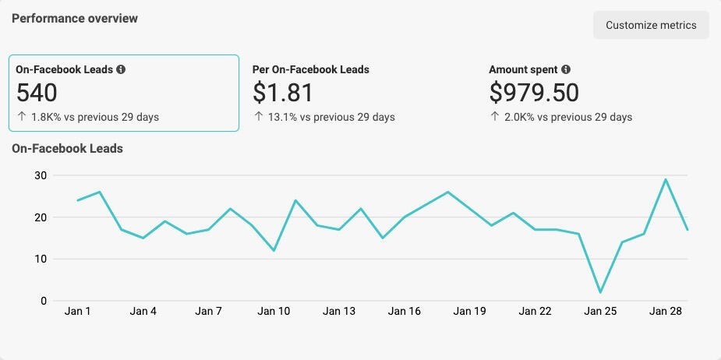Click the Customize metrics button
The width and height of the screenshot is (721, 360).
651,25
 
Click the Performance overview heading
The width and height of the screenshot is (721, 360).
75,18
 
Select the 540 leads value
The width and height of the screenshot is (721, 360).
37,94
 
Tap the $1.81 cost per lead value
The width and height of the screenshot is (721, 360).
283,94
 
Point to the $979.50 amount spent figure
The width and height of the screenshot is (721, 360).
534,94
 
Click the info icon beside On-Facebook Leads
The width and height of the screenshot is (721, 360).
121,69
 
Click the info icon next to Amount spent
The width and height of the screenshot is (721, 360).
566,69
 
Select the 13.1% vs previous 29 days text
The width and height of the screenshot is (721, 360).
324,118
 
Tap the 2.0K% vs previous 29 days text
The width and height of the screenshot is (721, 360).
560,118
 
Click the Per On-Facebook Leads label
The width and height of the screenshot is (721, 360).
311,69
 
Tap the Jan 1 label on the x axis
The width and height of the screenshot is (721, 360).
77,312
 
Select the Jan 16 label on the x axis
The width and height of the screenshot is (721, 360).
404,312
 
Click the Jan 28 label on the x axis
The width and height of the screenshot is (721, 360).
666,312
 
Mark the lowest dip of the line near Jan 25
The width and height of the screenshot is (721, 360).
600,292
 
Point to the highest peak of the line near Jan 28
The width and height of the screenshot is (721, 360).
666,179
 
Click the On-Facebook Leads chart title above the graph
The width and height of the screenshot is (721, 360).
67,148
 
